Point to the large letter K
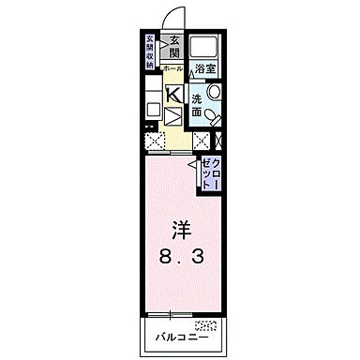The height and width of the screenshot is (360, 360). point(172,94)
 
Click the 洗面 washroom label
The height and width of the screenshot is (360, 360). point(197,104)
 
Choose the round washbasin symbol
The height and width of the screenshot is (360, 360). point(213,93)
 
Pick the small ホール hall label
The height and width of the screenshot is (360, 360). point(172,69)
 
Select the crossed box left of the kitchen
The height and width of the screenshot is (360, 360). point(154,141)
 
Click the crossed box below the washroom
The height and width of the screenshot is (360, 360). point(200,141)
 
